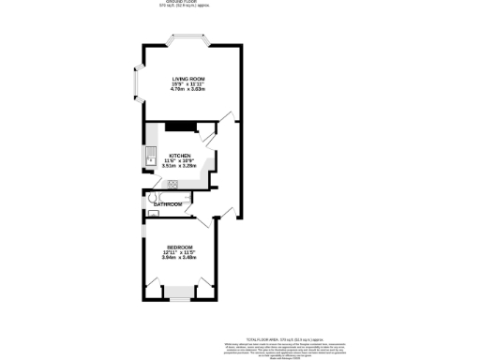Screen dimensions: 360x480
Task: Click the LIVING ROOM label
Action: [x=187, y=78]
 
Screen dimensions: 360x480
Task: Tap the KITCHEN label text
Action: [x=180, y=155]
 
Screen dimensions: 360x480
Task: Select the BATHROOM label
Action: [x=168, y=204]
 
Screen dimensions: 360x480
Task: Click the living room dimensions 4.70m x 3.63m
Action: [x=187, y=89]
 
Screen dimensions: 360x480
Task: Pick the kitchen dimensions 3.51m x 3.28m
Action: [x=180, y=166]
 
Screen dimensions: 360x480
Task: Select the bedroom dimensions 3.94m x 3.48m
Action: [x=180, y=258]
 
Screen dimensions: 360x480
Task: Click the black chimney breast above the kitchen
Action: [x=177, y=127]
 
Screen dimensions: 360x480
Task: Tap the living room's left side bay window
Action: [x=136, y=87]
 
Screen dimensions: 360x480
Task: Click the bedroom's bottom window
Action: [x=178, y=298]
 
